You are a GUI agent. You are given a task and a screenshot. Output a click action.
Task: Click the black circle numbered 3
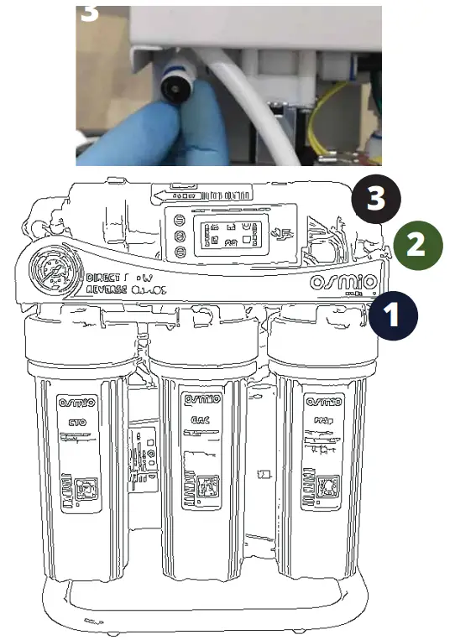coord(376,200)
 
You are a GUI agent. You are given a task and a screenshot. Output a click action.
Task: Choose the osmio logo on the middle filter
coord(199,398)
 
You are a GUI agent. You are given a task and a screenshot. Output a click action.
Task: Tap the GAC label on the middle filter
coord(199,419)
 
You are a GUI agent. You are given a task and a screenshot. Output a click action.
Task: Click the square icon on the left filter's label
coord(85,487)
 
